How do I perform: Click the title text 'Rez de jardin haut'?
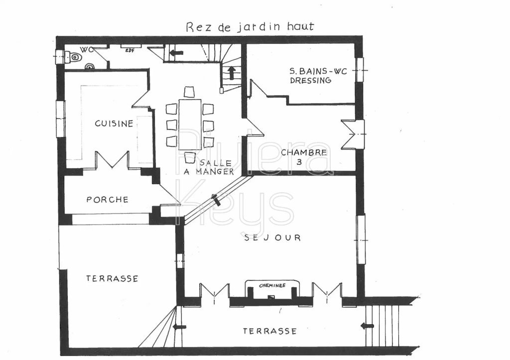click(250, 26)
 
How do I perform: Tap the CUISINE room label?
click(114, 123)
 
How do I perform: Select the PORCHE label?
click(107, 200)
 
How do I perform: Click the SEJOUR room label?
click(272, 238)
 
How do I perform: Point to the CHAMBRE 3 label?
click(304, 156)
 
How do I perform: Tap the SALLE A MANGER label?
click(215, 167)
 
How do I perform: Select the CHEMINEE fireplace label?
click(272, 286)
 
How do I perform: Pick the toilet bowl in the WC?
click(74, 57)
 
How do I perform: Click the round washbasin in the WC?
click(90, 66)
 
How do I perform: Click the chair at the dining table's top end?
click(189, 92)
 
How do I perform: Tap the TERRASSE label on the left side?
click(112, 279)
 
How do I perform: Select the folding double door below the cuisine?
click(112, 160)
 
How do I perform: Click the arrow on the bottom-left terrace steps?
click(179, 327)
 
